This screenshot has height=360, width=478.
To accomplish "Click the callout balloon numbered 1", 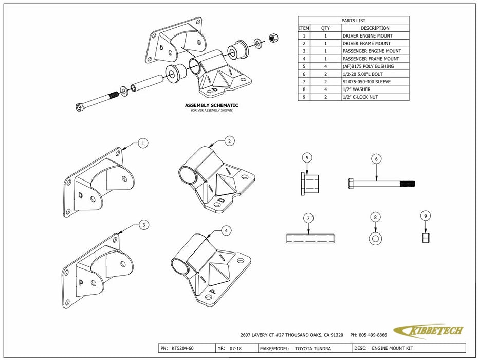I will pos(143,143).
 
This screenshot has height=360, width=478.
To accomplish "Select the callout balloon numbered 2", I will pos(229,140).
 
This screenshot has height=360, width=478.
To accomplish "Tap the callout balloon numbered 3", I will pos(144,225).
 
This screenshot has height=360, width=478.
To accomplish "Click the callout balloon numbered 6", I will pos(376,159).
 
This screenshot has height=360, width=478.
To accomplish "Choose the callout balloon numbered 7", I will pos(308,219).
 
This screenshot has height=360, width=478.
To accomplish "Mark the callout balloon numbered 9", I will pos(426,217).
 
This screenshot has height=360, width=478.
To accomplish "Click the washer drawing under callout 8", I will pos(375,239).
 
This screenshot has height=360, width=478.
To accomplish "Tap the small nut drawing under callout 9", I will pos(426,238).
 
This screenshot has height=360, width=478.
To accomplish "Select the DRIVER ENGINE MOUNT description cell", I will pos(367,36).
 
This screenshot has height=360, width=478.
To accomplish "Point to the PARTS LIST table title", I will pos(354,21).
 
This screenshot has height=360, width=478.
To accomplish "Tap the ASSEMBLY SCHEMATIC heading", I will pos(212,105).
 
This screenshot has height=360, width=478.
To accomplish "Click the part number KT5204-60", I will pos(183,348).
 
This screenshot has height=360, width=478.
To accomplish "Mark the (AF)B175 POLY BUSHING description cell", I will pos(368,66).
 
